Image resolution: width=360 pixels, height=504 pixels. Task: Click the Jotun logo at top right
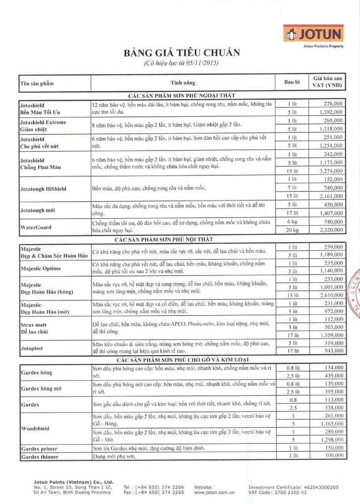click(x=314, y=34)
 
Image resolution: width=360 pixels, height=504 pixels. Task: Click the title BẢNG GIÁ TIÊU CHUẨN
click(x=181, y=53)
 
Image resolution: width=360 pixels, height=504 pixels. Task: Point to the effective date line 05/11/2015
click(x=181, y=63)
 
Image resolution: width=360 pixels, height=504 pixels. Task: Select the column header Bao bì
click(x=292, y=82)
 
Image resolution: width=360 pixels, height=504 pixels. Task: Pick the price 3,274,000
click(x=330, y=171)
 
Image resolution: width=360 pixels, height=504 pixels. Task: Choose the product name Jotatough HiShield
click(x=43, y=189)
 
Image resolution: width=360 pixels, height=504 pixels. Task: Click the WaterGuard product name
click(x=36, y=227)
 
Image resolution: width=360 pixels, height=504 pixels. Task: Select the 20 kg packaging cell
click(x=292, y=230)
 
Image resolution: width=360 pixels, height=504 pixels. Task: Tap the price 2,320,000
click(x=330, y=230)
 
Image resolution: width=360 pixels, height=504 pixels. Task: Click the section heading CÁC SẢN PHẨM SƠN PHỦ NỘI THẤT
click(x=181, y=239)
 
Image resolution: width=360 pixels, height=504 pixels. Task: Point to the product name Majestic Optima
click(x=41, y=268)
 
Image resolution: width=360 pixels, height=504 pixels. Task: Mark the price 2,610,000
click(x=330, y=295)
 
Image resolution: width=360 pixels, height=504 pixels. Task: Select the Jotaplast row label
click(x=33, y=348)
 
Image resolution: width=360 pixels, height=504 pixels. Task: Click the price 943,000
click(x=333, y=351)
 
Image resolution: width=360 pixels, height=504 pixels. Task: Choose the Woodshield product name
click(x=35, y=429)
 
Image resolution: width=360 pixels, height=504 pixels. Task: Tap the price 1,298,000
click(x=330, y=440)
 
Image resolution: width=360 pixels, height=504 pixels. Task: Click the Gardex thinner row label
click(x=39, y=457)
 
